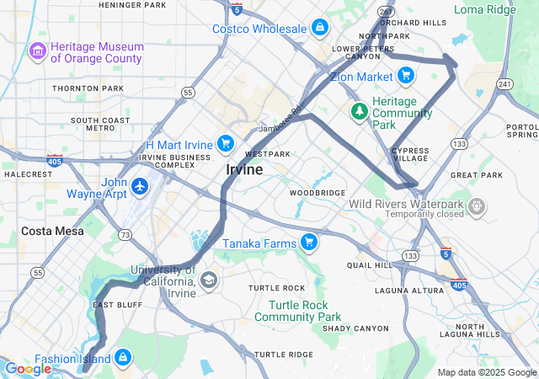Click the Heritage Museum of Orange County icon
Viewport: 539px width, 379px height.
38,52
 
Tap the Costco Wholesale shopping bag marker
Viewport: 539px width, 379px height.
319,29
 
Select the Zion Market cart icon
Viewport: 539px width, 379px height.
406,77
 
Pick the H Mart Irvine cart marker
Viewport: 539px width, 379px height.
225,143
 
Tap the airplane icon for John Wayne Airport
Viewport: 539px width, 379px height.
139,185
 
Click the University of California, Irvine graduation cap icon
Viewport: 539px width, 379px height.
207,280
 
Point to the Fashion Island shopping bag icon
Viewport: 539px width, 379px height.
123,358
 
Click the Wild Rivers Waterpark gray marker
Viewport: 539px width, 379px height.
478,205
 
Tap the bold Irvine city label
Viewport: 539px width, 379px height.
244,169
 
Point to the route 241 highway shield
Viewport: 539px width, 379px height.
504,83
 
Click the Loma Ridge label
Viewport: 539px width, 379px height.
483,9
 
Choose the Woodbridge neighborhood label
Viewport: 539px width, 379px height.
318,193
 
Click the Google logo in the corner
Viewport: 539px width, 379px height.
28,368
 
